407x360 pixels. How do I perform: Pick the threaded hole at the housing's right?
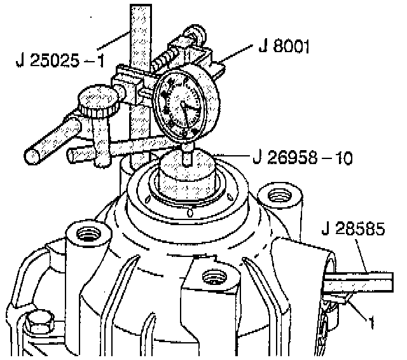[x=277, y=194]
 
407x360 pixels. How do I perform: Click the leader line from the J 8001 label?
[x=238, y=57]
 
